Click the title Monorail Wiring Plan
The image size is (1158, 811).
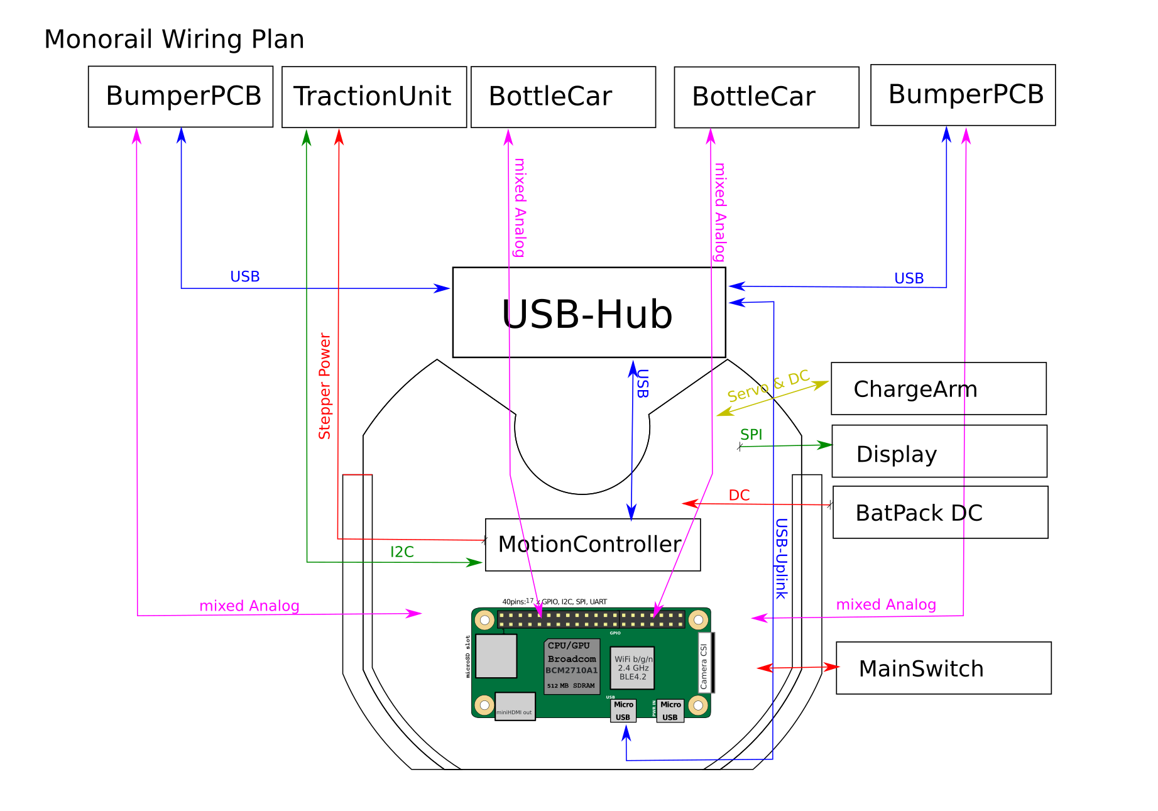(174, 40)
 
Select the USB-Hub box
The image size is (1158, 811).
(589, 313)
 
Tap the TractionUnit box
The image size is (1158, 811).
(374, 97)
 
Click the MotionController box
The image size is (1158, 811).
(593, 545)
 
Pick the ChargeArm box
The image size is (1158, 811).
(938, 389)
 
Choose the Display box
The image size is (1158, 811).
(939, 452)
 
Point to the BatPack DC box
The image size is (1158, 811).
(940, 513)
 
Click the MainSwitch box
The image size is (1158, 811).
(943, 668)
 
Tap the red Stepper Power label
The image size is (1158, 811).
(325, 386)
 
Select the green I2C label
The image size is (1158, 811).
(402, 552)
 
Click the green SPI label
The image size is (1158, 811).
(751, 434)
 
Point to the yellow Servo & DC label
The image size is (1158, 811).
(768, 386)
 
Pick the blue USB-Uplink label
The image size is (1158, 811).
(781, 558)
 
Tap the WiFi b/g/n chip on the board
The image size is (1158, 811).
(633, 668)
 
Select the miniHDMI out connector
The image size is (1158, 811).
(515, 707)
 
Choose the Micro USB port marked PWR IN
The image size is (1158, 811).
(670, 711)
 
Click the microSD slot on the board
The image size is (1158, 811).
(496, 656)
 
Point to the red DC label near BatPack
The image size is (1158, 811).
(739, 495)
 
